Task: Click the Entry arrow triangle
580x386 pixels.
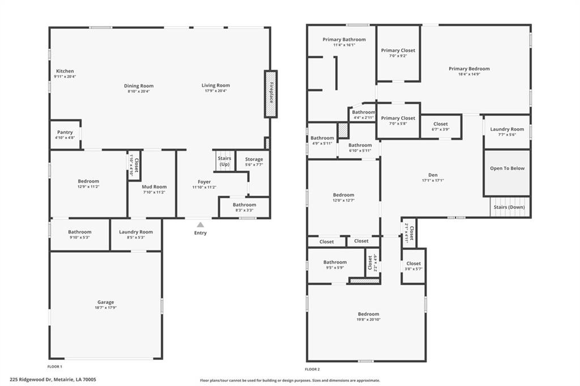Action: [x=200, y=224]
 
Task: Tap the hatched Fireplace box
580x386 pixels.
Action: [x=271, y=94]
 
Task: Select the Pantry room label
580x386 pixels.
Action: [x=65, y=132]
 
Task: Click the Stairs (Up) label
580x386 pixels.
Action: [x=224, y=162]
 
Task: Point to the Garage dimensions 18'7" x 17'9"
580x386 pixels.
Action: [x=106, y=308]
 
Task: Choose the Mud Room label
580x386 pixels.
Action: [x=154, y=187]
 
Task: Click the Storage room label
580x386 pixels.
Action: [x=254, y=159]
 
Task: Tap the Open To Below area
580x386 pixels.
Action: [x=507, y=172]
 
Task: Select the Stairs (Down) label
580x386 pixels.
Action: [x=509, y=207]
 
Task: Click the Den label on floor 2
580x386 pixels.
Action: [x=433, y=175]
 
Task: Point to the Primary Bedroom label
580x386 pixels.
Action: [x=469, y=69]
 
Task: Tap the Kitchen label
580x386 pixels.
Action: [x=65, y=71]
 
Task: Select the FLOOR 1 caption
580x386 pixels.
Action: [x=55, y=367]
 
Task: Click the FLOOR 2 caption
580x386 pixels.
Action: [x=313, y=370]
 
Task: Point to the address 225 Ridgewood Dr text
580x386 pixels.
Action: [x=32, y=379]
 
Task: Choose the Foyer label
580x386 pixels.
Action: [x=204, y=182]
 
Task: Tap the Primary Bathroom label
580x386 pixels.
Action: [x=344, y=39]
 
